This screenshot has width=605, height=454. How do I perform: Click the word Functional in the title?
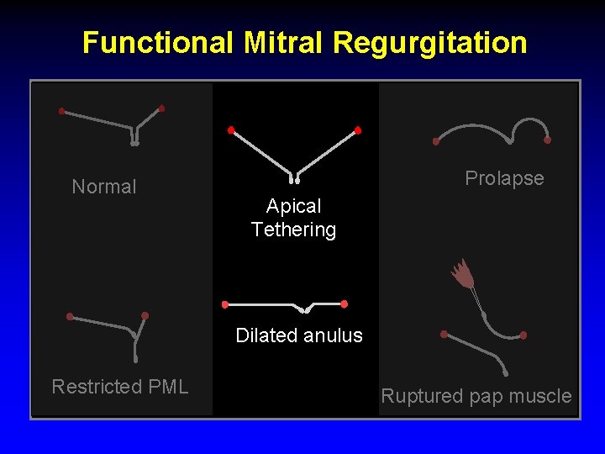(157, 42)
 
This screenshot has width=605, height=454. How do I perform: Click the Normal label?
(104, 187)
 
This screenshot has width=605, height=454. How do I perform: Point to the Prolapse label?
(504, 178)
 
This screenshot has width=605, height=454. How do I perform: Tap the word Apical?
(294, 206)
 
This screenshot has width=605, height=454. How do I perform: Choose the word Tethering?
(294, 230)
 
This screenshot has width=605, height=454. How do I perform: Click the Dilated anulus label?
(299, 335)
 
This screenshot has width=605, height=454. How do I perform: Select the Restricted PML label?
(120, 387)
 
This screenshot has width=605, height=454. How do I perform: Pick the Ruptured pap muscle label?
(476, 396)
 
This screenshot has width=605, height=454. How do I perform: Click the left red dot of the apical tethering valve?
(231, 130)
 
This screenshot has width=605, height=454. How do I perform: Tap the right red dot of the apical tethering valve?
(358, 130)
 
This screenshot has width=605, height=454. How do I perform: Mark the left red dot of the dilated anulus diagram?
(224, 304)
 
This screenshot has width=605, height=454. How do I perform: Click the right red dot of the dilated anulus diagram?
(345, 304)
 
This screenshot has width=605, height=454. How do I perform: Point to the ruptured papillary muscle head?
(461, 273)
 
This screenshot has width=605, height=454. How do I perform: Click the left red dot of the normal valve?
(61, 111)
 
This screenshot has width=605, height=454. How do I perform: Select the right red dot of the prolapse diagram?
(548, 140)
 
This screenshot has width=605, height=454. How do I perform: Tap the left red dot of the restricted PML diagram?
(70, 317)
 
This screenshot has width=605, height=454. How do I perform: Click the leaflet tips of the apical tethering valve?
(294, 179)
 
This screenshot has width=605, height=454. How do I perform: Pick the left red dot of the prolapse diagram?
(435, 141)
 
